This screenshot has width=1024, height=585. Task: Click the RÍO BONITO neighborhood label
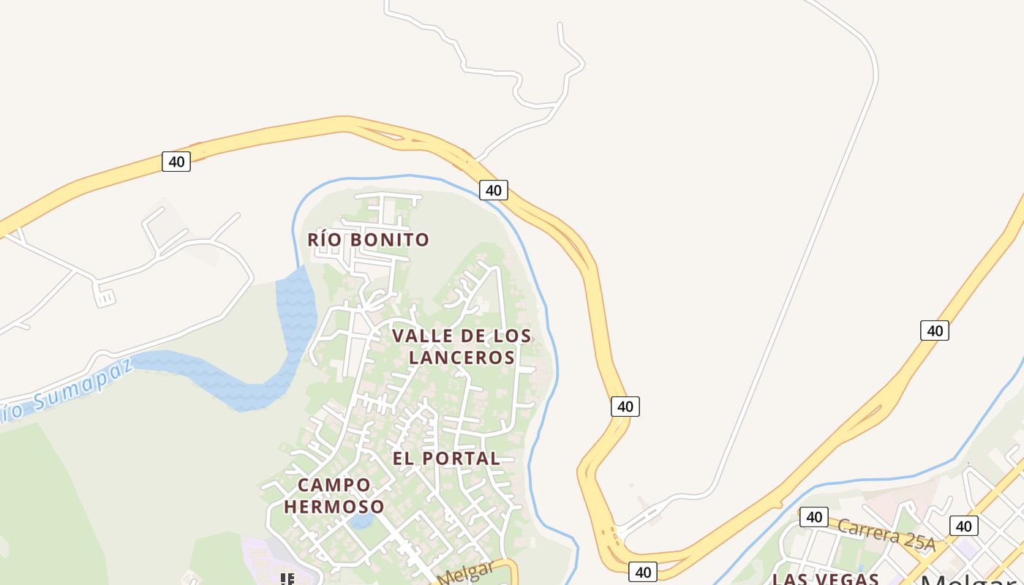click(368, 239)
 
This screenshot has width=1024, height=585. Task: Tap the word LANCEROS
click(462, 357)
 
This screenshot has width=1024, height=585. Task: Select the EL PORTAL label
click(446, 458)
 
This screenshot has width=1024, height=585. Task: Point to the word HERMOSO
click(334, 506)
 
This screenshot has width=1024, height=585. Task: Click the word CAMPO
click(334, 485)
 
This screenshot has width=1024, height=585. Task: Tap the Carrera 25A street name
click(886, 534)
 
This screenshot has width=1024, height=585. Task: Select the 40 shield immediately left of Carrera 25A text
click(813, 517)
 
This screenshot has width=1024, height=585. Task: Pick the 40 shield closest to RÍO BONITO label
click(494, 190)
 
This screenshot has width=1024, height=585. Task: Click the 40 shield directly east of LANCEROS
click(625, 407)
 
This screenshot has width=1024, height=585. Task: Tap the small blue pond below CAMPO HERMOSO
click(361, 521)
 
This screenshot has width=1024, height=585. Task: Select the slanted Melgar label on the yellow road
click(466, 573)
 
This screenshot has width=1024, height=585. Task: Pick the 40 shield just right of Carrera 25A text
click(963, 526)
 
